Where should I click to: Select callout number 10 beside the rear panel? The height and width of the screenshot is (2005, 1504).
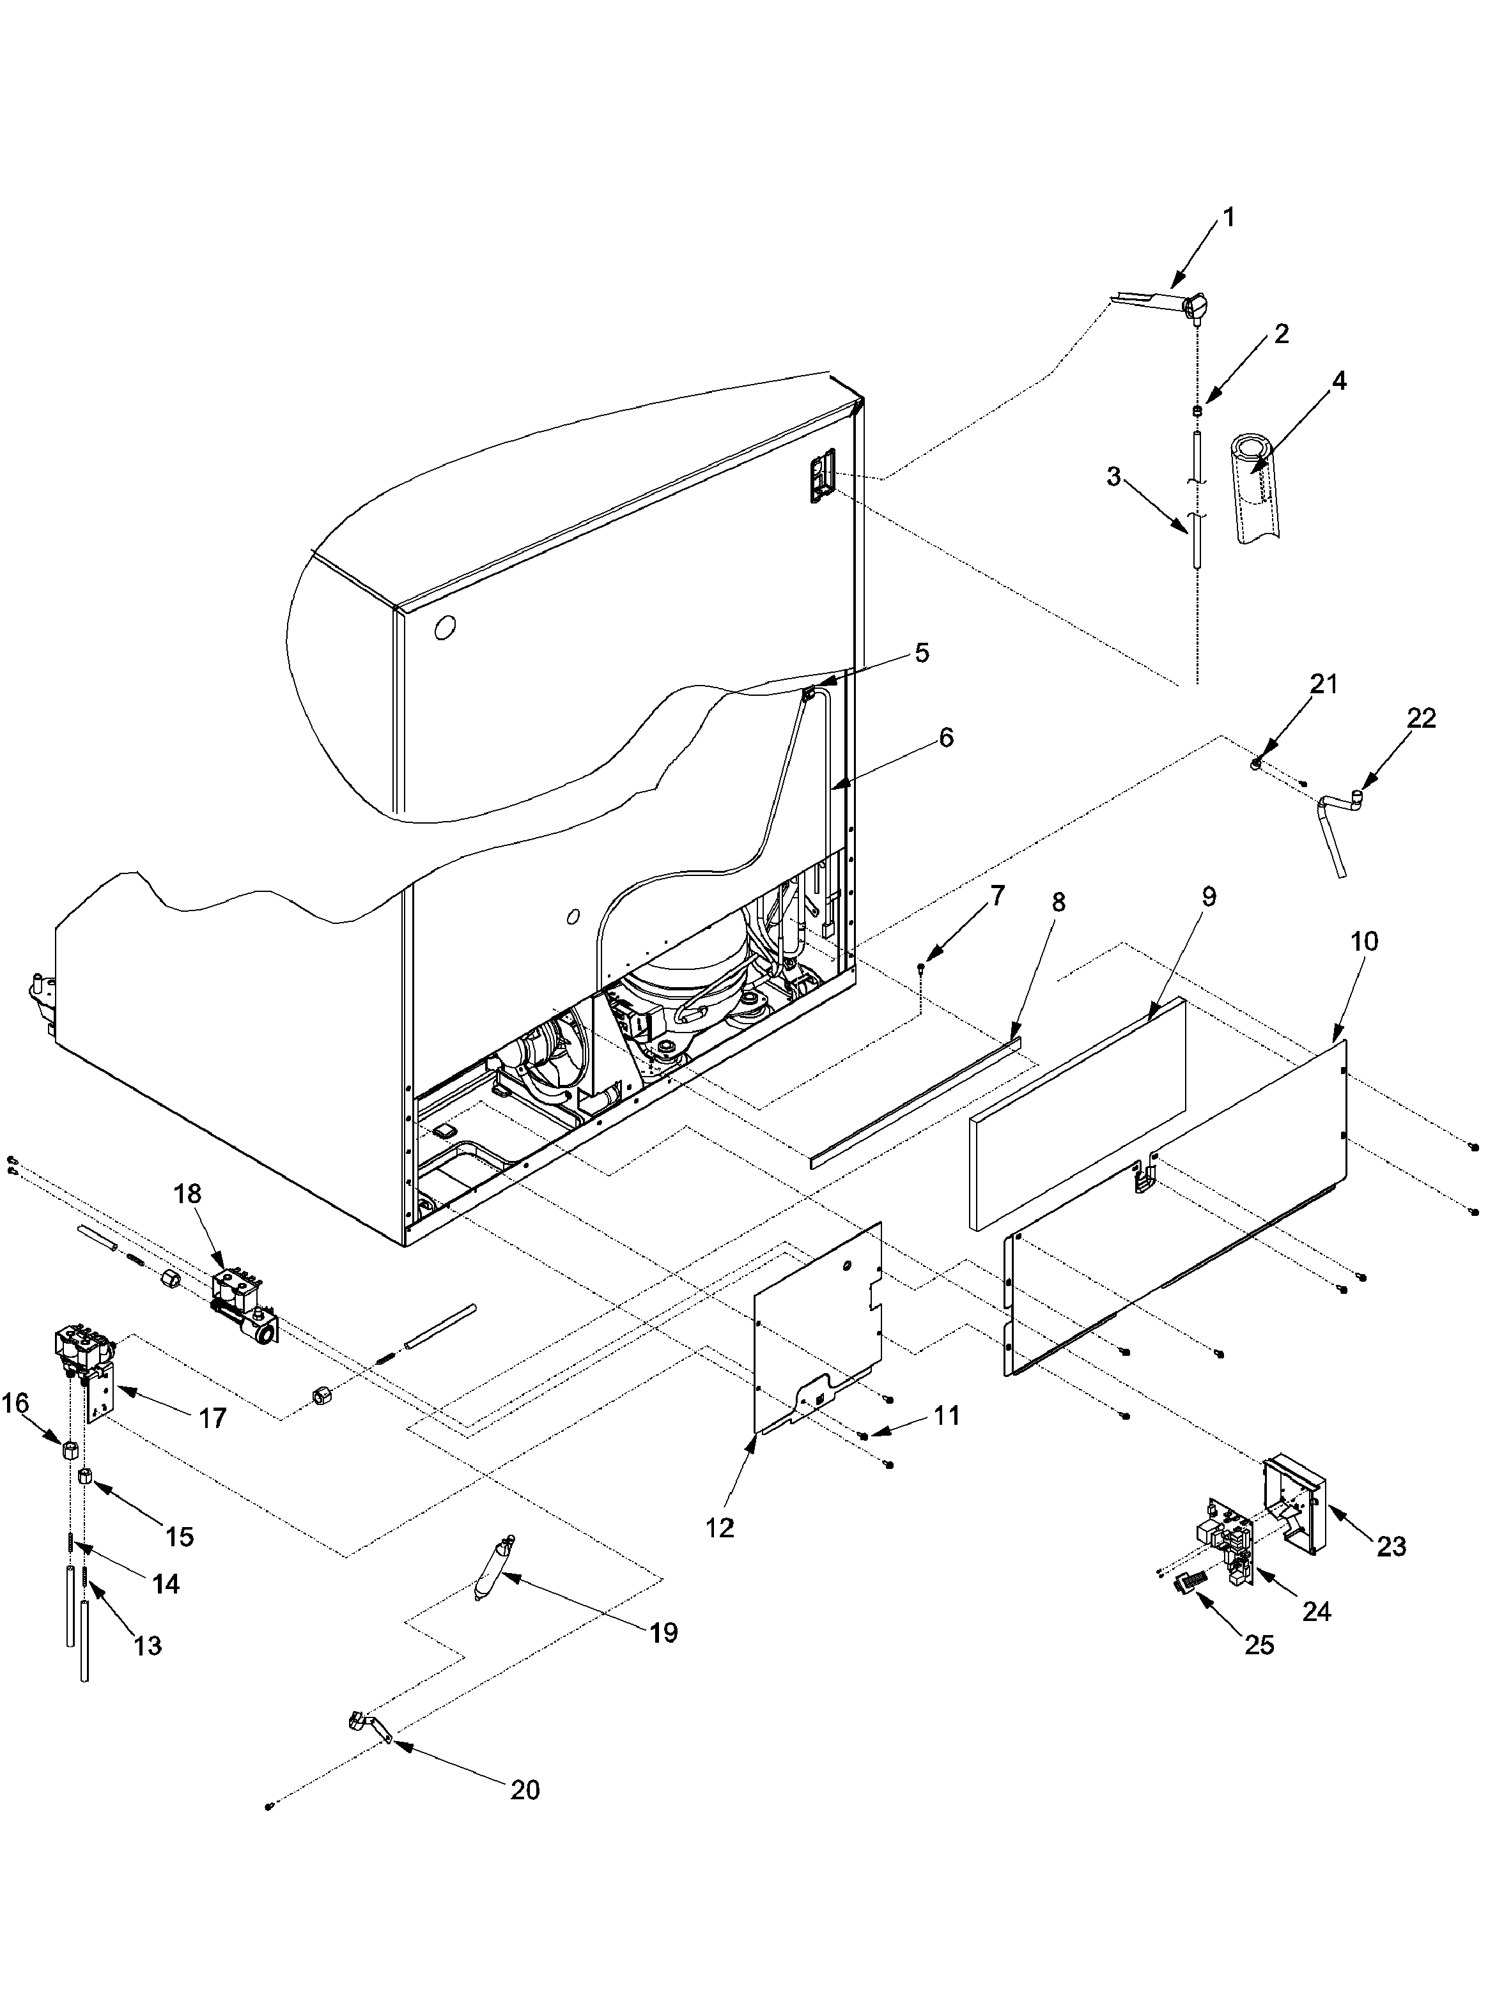click(1363, 941)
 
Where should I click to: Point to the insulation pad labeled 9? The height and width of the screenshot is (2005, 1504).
click(1079, 1115)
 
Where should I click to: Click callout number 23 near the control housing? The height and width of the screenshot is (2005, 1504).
click(1391, 1546)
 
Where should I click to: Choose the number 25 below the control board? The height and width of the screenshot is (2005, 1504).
click(1259, 1644)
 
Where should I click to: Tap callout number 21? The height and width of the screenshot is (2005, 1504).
click(1324, 684)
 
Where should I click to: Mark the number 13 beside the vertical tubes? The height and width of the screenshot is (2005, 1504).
click(148, 1645)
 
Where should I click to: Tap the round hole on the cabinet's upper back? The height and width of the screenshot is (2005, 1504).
click(444, 627)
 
